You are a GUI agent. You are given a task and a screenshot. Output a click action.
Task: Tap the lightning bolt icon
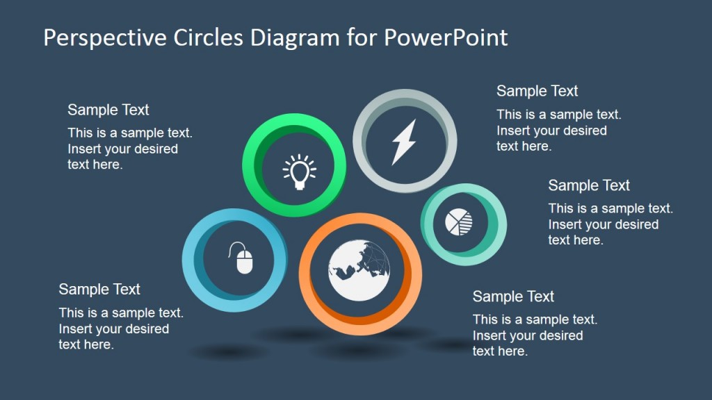[x=404, y=142]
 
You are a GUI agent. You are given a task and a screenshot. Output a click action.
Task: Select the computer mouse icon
[x=241, y=258]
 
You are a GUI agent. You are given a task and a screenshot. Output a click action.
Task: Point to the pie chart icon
[x=459, y=222]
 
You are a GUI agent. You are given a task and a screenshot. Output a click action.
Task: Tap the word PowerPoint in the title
[x=446, y=37]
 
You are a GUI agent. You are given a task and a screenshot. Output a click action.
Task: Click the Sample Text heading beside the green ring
[x=108, y=110]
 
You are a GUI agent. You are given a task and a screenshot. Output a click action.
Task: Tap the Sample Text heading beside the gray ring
[x=537, y=91]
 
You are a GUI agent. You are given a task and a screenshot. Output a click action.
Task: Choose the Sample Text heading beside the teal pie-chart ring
[x=588, y=185]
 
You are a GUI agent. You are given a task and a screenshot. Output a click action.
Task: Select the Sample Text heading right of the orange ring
[x=513, y=297]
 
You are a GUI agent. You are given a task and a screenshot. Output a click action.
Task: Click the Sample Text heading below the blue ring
[x=99, y=290]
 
